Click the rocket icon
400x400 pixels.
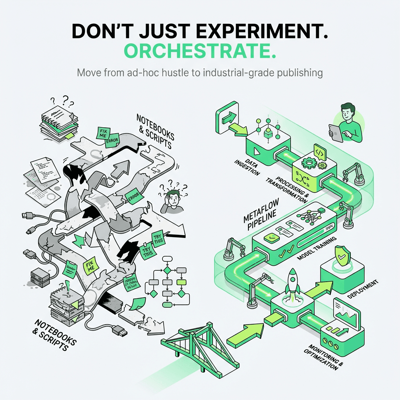(x=292, y=281)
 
